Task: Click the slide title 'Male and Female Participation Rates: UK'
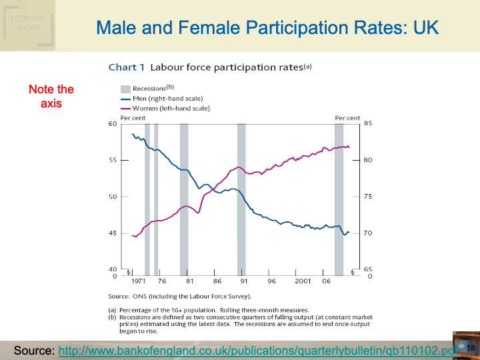click(x=267, y=28)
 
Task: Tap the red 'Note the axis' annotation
click(x=51, y=96)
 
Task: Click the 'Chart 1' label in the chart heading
click(x=127, y=67)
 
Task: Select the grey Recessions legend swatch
click(x=125, y=89)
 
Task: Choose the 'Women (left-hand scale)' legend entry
click(x=171, y=108)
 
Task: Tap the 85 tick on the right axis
click(x=366, y=124)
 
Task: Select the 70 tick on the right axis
click(x=366, y=233)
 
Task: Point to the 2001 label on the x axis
click(x=303, y=282)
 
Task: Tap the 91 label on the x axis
click(x=245, y=282)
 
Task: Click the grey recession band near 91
click(x=241, y=200)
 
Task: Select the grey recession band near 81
click(x=184, y=200)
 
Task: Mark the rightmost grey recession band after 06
click(x=339, y=200)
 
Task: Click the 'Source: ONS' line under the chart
click(x=180, y=295)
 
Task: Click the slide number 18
click(x=470, y=349)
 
